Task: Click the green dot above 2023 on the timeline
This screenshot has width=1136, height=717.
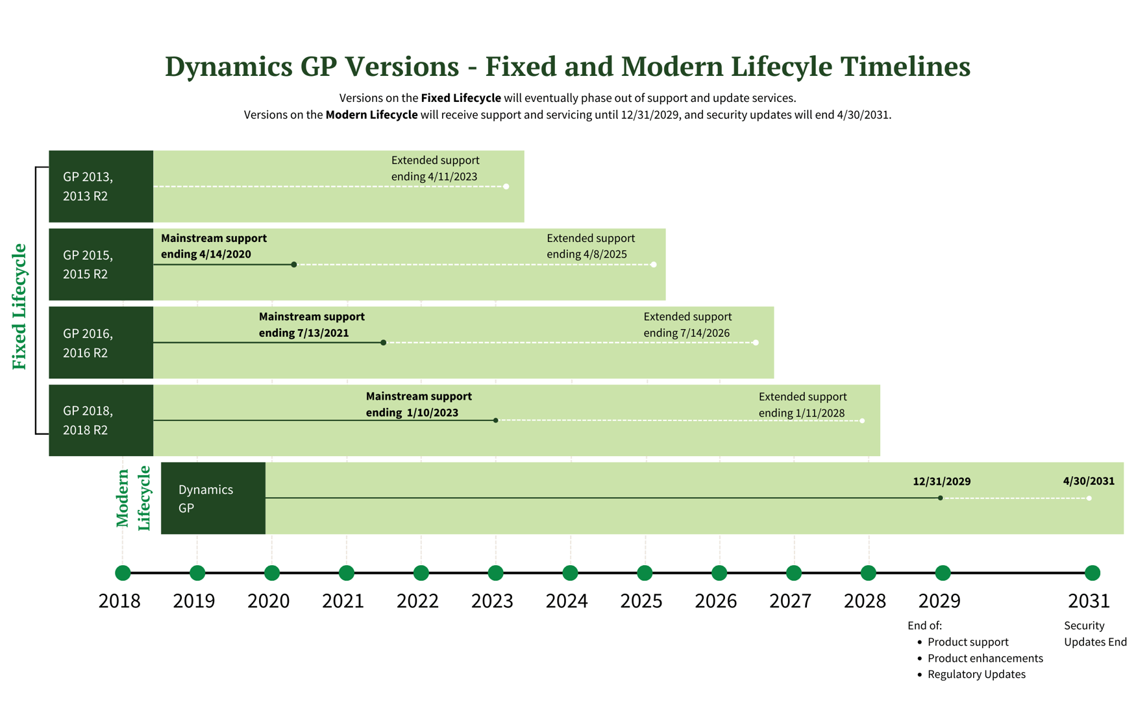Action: pos(495,573)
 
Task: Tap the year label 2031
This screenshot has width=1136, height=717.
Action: pos(1089,601)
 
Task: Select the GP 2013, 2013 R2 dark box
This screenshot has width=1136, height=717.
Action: pos(101,186)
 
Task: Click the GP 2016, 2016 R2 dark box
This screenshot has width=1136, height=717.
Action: pos(101,343)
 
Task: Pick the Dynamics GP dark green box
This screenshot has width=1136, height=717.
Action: pos(213,498)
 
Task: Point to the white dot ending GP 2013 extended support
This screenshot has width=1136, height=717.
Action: pos(506,186)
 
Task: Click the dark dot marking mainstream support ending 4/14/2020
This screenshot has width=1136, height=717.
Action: pos(294,265)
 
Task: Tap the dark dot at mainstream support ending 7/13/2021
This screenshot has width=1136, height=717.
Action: pos(383,343)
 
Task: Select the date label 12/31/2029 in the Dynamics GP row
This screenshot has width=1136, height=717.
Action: pos(941,481)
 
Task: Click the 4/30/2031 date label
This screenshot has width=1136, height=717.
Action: pos(1088,481)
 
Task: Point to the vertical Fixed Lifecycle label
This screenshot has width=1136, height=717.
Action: pos(19,306)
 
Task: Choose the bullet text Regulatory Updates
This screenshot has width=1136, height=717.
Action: pos(976,674)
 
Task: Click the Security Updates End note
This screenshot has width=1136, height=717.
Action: pos(1094,634)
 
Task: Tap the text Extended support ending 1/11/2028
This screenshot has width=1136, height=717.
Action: pos(802,405)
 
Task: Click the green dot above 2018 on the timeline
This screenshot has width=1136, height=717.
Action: pos(123,573)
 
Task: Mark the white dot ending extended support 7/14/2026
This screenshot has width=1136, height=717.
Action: pos(756,343)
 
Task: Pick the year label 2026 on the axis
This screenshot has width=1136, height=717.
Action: pos(715,601)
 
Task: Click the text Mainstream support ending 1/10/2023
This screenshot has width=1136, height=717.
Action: pos(418,404)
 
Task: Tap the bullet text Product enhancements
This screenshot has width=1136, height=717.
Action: pos(985,658)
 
